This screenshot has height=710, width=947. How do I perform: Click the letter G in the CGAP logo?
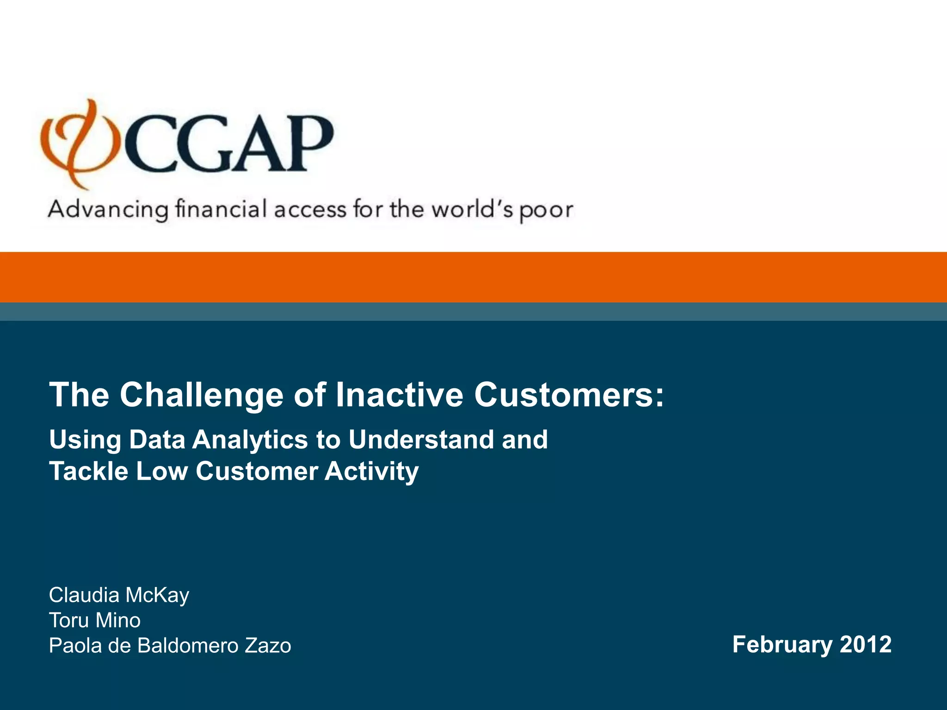pyautogui.click(x=201, y=144)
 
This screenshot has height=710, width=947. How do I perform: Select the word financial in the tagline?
pyautogui.click(x=221, y=209)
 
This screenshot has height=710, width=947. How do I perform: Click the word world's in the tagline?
pyautogui.click(x=472, y=209)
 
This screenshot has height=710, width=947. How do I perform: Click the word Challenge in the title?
pyautogui.click(x=201, y=395)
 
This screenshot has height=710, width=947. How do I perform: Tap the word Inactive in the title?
pyautogui.click(x=399, y=395)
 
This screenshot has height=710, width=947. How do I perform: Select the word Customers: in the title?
pyautogui.click(x=569, y=395)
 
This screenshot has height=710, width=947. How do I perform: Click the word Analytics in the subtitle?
pyautogui.click(x=250, y=440)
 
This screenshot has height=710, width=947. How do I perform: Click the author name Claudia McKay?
pyautogui.click(x=119, y=595)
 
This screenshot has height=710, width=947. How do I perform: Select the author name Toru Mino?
pyautogui.click(x=95, y=620)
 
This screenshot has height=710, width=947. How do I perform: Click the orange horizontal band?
pyautogui.click(x=473, y=277)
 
